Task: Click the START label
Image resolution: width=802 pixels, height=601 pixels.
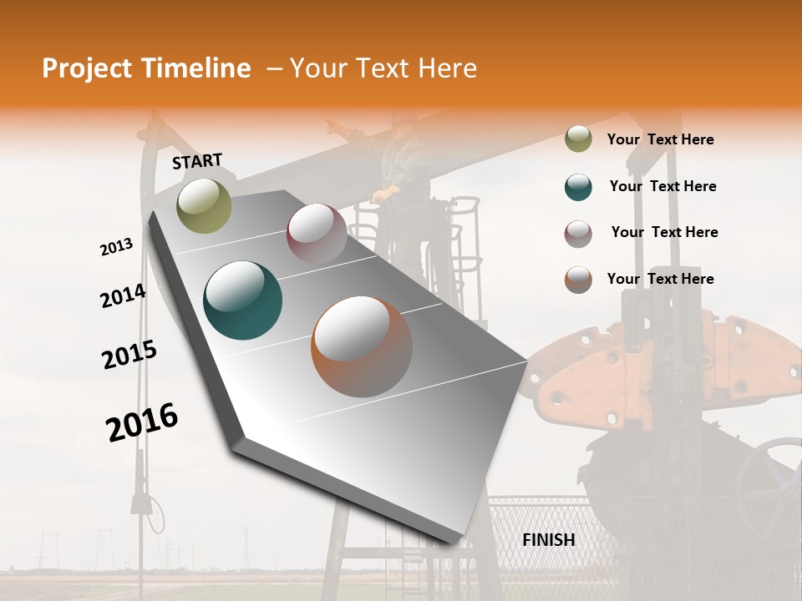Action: pyautogui.click(x=197, y=161)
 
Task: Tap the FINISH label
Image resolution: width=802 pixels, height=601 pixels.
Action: pyautogui.click(x=548, y=540)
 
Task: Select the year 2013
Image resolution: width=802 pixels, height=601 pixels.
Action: pyautogui.click(x=116, y=247)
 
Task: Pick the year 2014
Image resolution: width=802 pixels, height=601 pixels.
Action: pyautogui.click(x=123, y=296)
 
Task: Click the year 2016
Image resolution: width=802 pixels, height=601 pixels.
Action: pyautogui.click(x=142, y=422)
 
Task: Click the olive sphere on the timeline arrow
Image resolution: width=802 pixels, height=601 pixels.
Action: pyautogui.click(x=204, y=205)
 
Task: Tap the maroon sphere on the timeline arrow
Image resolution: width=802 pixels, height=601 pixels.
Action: pyautogui.click(x=317, y=233)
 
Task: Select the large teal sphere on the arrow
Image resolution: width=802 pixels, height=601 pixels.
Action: pyautogui.click(x=243, y=300)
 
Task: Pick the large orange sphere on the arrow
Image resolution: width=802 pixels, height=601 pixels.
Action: pyautogui.click(x=362, y=346)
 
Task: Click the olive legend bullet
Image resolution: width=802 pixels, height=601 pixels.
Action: pyautogui.click(x=578, y=139)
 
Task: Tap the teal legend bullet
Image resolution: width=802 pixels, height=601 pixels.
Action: pyautogui.click(x=578, y=187)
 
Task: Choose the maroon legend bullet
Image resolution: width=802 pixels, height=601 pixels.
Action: pyautogui.click(x=578, y=234)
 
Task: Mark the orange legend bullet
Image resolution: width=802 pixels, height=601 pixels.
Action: pyautogui.click(x=578, y=280)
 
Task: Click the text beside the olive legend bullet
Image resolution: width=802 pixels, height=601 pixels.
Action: pyautogui.click(x=660, y=140)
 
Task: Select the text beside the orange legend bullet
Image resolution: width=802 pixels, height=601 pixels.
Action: pyautogui.click(x=660, y=279)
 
